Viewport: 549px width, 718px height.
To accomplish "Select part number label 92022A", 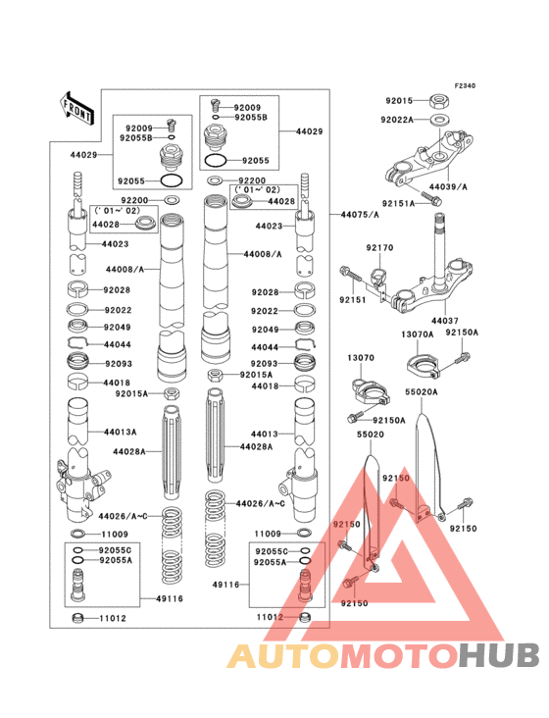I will [x=397, y=120].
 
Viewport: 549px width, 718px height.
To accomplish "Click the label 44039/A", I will [x=448, y=186].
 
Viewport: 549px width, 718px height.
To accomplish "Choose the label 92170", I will [x=380, y=248].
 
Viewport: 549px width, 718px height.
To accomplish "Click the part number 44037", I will [x=444, y=321].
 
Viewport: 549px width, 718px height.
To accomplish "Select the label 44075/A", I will [x=361, y=214].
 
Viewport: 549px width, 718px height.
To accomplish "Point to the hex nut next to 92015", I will [x=440, y=99].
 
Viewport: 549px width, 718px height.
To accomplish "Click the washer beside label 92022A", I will [x=440, y=120].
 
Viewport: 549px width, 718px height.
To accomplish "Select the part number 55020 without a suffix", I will [x=370, y=432].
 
